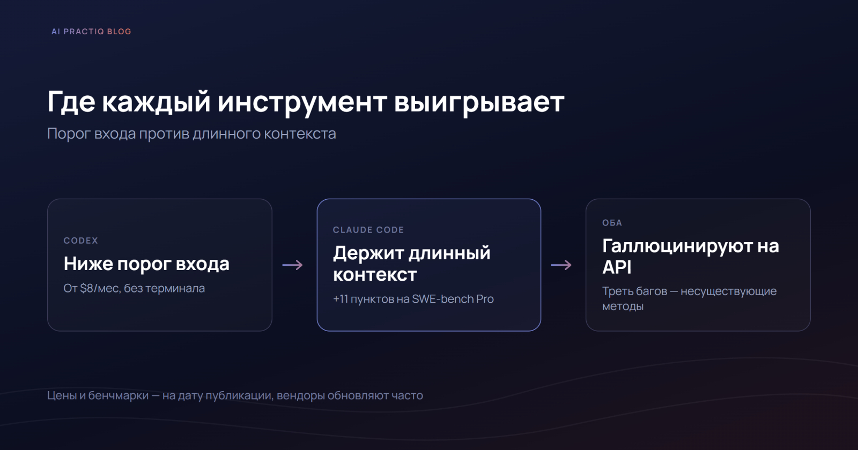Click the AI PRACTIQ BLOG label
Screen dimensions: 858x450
pyautogui.click(x=91, y=32)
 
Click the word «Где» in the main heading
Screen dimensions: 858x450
pyautogui.click(x=71, y=102)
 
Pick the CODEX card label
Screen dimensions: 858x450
pyautogui.click(x=81, y=241)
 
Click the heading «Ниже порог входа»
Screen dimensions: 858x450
pyautogui.click(x=146, y=264)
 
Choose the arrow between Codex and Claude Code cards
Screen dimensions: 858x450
pyautogui.click(x=293, y=265)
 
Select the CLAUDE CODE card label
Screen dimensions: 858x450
pyautogui.click(x=368, y=230)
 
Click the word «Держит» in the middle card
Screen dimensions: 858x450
pyautogui.click(x=368, y=253)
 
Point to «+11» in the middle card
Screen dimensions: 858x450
pyautogui.click(x=340, y=299)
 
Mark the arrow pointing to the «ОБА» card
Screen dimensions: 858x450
pyautogui.click(x=561, y=265)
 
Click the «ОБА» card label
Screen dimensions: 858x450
pyautogui.click(x=612, y=223)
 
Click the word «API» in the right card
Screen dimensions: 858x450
pyautogui.click(x=617, y=267)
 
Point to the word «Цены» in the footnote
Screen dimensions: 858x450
pyautogui.click(x=62, y=395)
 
